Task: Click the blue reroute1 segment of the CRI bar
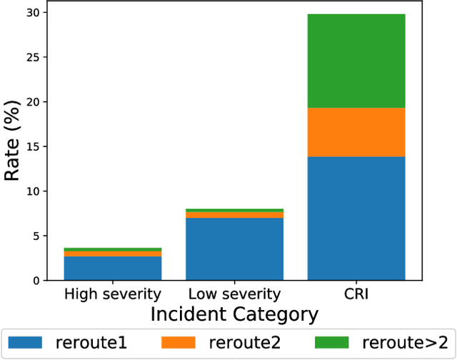click(x=356, y=218)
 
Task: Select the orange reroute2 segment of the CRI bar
click(x=356, y=132)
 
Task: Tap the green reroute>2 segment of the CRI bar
click(x=356, y=61)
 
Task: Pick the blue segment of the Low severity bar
click(x=234, y=249)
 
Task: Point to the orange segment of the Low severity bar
click(x=234, y=215)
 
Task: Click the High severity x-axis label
click(x=113, y=294)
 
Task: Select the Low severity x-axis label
click(x=234, y=294)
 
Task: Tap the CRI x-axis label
click(x=356, y=294)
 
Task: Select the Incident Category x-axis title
click(x=234, y=314)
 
